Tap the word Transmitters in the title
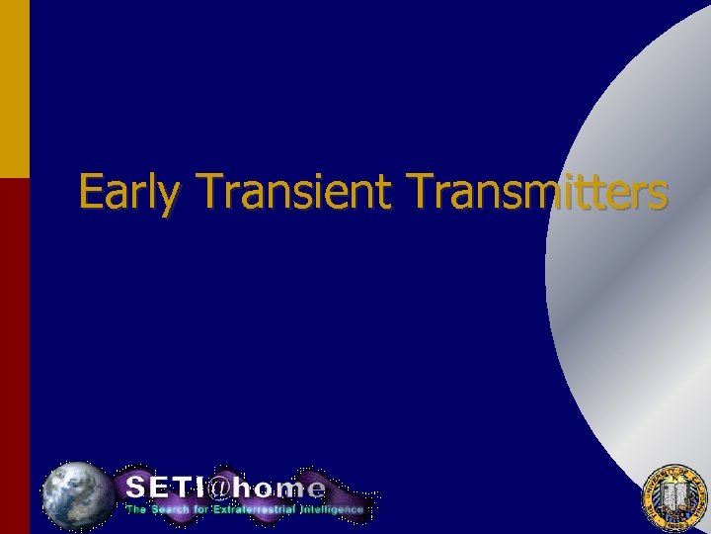(x=537, y=191)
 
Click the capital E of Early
(x=91, y=191)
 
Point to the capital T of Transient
(x=210, y=191)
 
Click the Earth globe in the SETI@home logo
(x=77, y=493)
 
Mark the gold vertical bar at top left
(x=15, y=89)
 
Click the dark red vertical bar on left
(x=15, y=356)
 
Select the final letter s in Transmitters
(x=657, y=195)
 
